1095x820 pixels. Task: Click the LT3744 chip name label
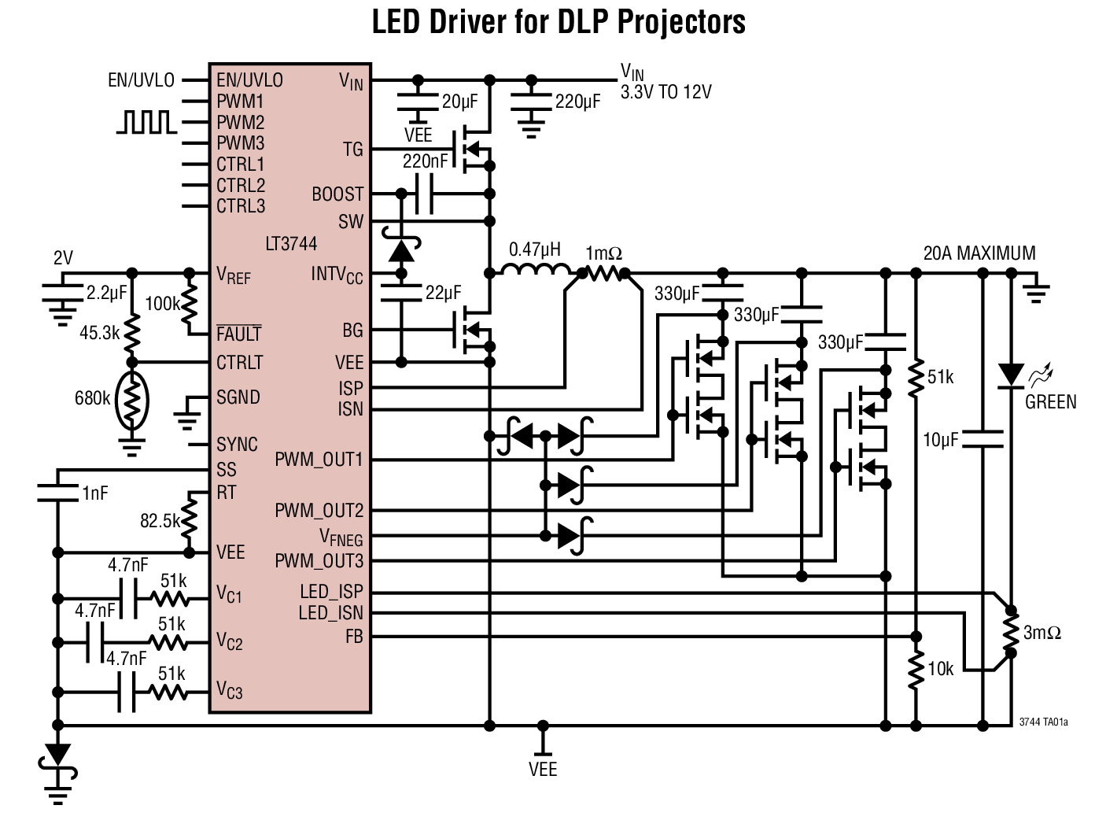(291, 244)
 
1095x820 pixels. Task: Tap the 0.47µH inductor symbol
(536, 271)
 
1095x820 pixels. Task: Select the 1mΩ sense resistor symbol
(603, 273)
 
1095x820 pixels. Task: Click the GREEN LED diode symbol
(1011, 375)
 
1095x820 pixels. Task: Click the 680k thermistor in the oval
(132, 401)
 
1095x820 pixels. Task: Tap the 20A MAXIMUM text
(979, 253)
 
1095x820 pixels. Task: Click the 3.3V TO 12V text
(665, 93)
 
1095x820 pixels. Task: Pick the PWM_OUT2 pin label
(319, 511)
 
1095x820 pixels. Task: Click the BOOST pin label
(337, 194)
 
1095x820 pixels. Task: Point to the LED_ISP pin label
(331, 592)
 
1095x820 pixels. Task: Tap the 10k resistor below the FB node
(916, 670)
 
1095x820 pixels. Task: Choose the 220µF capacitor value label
(577, 102)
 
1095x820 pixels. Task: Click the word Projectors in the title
(680, 22)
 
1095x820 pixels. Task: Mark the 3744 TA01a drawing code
(1043, 722)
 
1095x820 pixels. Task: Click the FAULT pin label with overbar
(238, 334)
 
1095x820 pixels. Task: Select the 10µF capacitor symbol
(983, 438)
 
